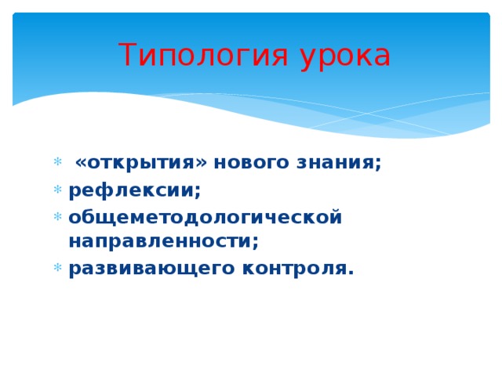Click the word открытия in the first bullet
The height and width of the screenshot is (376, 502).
140,163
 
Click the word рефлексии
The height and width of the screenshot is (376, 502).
132,190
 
